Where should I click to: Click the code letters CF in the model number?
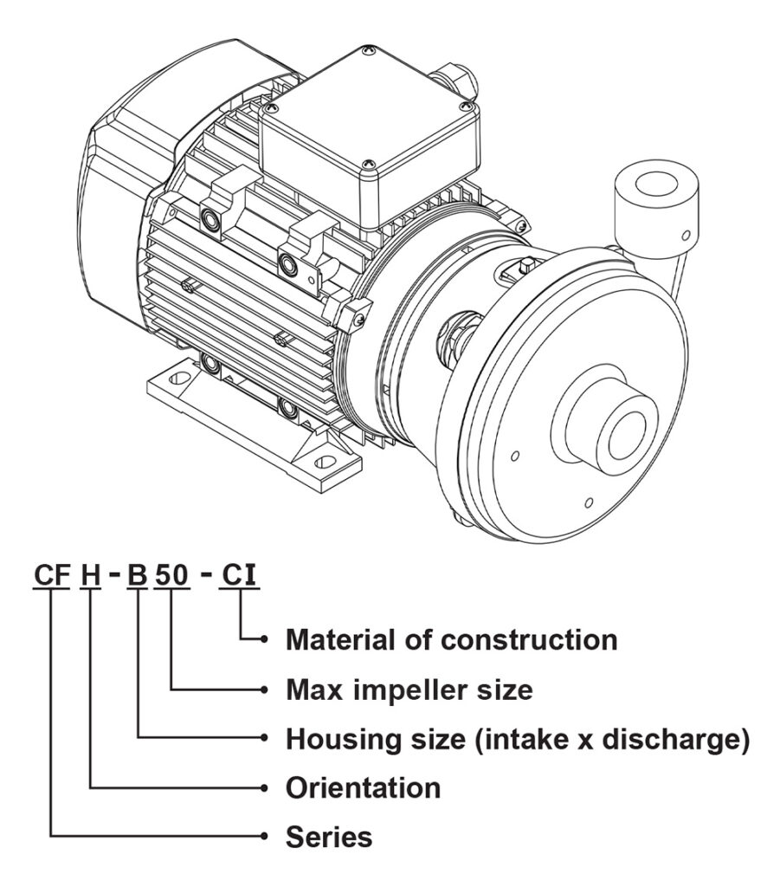(52, 575)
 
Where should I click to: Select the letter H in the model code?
(90, 575)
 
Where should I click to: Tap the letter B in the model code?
(137, 575)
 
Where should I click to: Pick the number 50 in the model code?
(171, 575)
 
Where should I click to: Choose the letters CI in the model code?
(239, 575)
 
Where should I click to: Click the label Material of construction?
(452, 640)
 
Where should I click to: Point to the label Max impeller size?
(409, 690)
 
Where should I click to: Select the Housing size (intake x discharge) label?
(518, 739)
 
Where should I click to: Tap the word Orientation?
(363, 787)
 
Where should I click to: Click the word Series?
(329, 837)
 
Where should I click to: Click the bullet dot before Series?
(263, 837)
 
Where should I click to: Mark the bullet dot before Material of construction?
(263, 640)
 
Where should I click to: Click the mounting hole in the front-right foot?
(324, 463)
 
